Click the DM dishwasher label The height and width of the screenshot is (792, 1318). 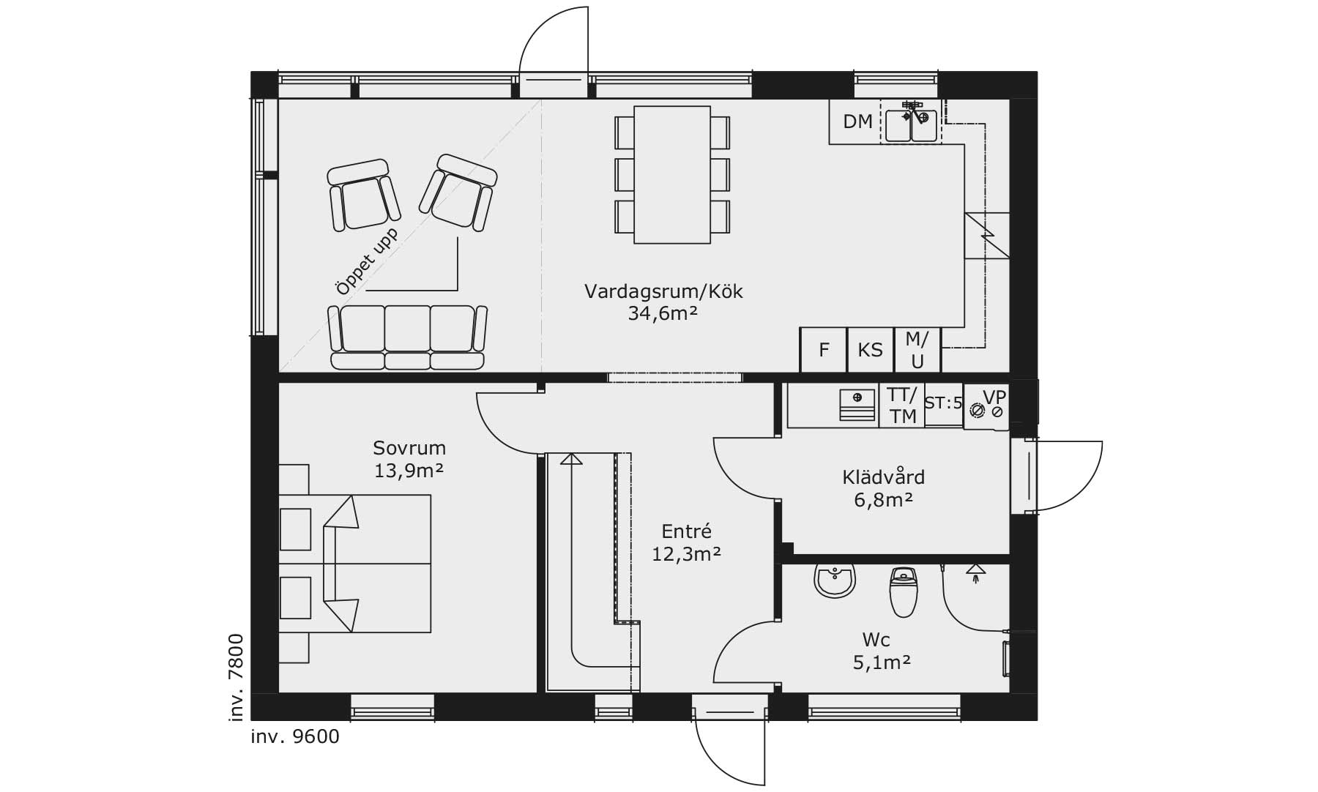(857, 122)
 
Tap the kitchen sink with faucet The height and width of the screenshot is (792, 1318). (911, 122)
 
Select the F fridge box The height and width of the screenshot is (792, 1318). (823, 350)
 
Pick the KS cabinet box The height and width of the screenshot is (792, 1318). (871, 350)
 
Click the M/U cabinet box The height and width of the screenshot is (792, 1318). (917, 350)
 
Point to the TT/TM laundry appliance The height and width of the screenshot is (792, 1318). (902, 405)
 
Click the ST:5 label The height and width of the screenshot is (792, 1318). (943, 403)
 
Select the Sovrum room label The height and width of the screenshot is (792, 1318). (409, 448)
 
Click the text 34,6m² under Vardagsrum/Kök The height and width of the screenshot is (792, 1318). (663, 314)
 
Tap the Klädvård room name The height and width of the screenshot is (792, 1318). (883, 477)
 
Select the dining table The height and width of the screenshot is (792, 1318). (672, 174)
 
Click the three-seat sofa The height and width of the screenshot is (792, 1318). (408, 337)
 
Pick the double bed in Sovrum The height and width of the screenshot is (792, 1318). (355, 564)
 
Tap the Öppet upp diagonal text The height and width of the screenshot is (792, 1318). (367, 261)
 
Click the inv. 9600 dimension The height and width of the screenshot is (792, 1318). (295, 736)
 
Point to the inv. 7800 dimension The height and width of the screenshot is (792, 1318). (236, 678)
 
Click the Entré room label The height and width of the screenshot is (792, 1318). (686, 531)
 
